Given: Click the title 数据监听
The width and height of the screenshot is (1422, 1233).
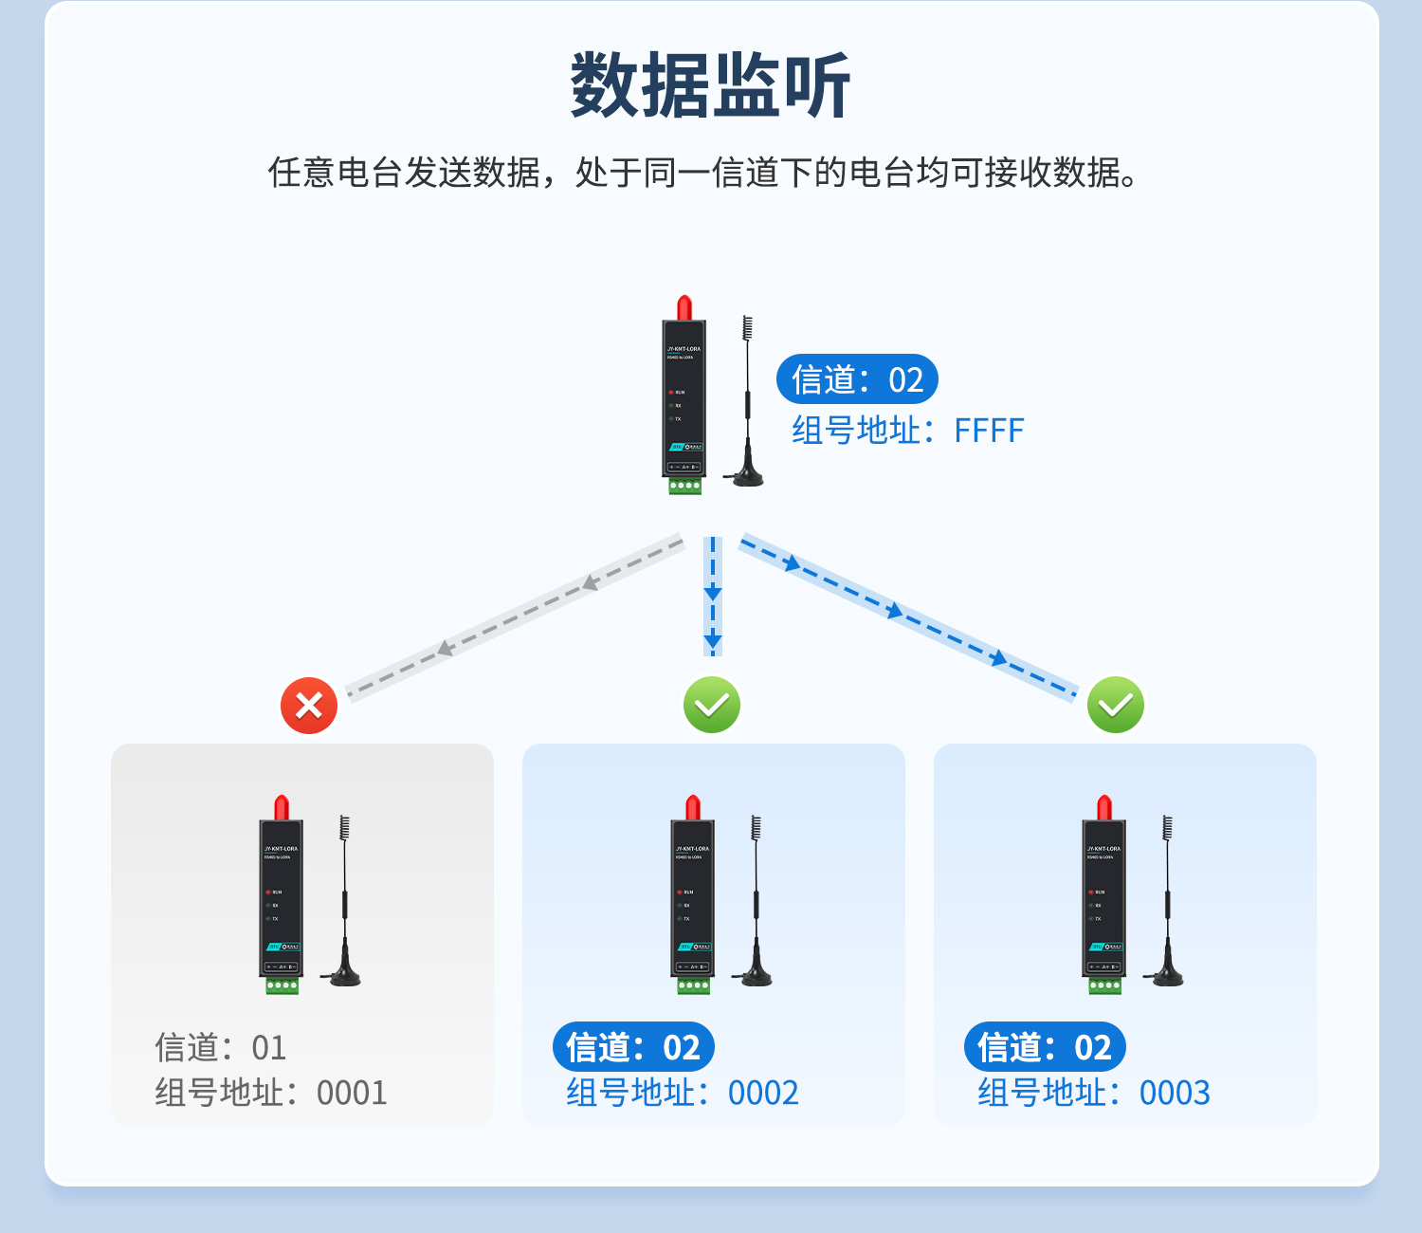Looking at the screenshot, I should coord(711,86).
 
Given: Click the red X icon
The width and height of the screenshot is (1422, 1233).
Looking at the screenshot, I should coord(309,706).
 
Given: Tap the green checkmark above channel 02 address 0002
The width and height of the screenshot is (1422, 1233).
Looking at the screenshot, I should coord(712,705).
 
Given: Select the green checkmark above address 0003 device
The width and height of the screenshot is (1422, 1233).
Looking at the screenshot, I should coord(1116,705).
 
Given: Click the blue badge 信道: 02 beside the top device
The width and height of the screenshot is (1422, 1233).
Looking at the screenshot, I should coord(857,379).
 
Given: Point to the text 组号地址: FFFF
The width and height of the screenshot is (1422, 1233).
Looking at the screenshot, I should coord(907,431).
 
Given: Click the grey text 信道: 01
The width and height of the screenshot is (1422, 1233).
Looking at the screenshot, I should coord(220,1048).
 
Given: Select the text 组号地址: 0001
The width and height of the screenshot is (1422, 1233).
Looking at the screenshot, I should coord(271,1093).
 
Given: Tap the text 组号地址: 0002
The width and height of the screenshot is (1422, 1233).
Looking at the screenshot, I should coord(683,1093).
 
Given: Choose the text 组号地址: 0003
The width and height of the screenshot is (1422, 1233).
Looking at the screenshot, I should coord(1094,1093).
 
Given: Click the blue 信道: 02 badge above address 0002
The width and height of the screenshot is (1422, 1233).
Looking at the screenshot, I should coord(633,1047).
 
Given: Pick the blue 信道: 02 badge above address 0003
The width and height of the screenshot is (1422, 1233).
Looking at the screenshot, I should coord(1045,1047).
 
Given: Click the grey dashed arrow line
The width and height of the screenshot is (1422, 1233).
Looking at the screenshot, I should coord(516,616).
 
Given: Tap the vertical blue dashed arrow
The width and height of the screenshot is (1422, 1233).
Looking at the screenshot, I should coord(713,596).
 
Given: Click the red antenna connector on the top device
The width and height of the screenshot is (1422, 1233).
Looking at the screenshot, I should coord(684,308).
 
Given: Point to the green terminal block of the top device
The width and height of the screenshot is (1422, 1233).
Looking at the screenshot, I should coord(684,487).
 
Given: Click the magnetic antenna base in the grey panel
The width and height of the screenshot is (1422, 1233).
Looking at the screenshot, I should coord(341,977).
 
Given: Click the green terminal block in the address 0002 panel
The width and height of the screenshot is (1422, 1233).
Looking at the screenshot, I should coord(693,986).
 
